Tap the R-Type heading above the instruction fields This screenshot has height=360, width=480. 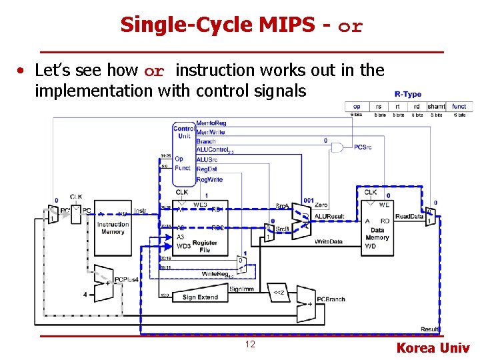tap(407, 95)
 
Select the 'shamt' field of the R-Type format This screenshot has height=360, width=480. tap(437, 106)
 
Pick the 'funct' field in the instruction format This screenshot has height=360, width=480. tap(459, 106)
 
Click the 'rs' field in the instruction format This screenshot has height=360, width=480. tap(379, 106)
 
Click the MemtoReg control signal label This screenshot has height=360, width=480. tap(211, 123)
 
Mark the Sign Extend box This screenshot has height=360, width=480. tap(201, 297)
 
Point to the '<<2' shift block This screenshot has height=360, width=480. tap(279, 292)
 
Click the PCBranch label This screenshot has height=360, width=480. tap(331, 299)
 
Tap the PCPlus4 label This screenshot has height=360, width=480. tap(127, 279)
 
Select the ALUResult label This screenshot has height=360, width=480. tap(329, 216)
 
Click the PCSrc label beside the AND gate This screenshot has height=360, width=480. tap(363, 147)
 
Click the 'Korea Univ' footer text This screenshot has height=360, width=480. tap(433, 348)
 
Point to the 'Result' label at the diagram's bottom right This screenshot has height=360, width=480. tap(430, 329)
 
